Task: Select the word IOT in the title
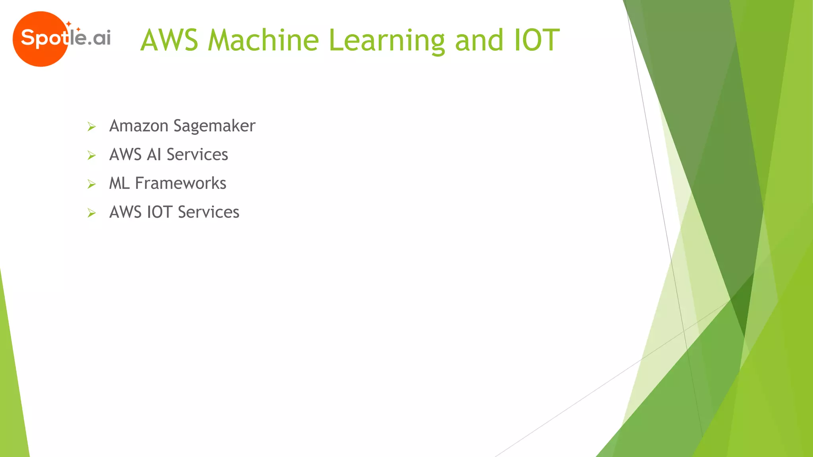click(x=537, y=40)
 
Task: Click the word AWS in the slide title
click(x=169, y=40)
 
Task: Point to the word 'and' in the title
click(x=479, y=40)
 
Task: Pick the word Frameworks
click(x=181, y=183)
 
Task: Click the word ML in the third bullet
click(x=119, y=183)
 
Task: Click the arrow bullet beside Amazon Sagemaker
click(x=92, y=127)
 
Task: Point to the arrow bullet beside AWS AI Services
click(x=92, y=156)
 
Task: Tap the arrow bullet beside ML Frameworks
click(x=92, y=184)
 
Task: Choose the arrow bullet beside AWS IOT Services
click(x=92, y=213)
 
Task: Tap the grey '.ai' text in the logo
click(x=99, y=38)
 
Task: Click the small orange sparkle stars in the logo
click(x=72, y=26)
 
